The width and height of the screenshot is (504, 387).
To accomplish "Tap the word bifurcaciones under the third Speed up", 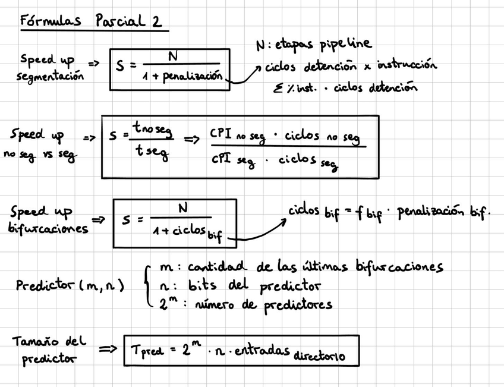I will point(49,229).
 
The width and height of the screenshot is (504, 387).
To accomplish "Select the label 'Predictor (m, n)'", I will point(70,286).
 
